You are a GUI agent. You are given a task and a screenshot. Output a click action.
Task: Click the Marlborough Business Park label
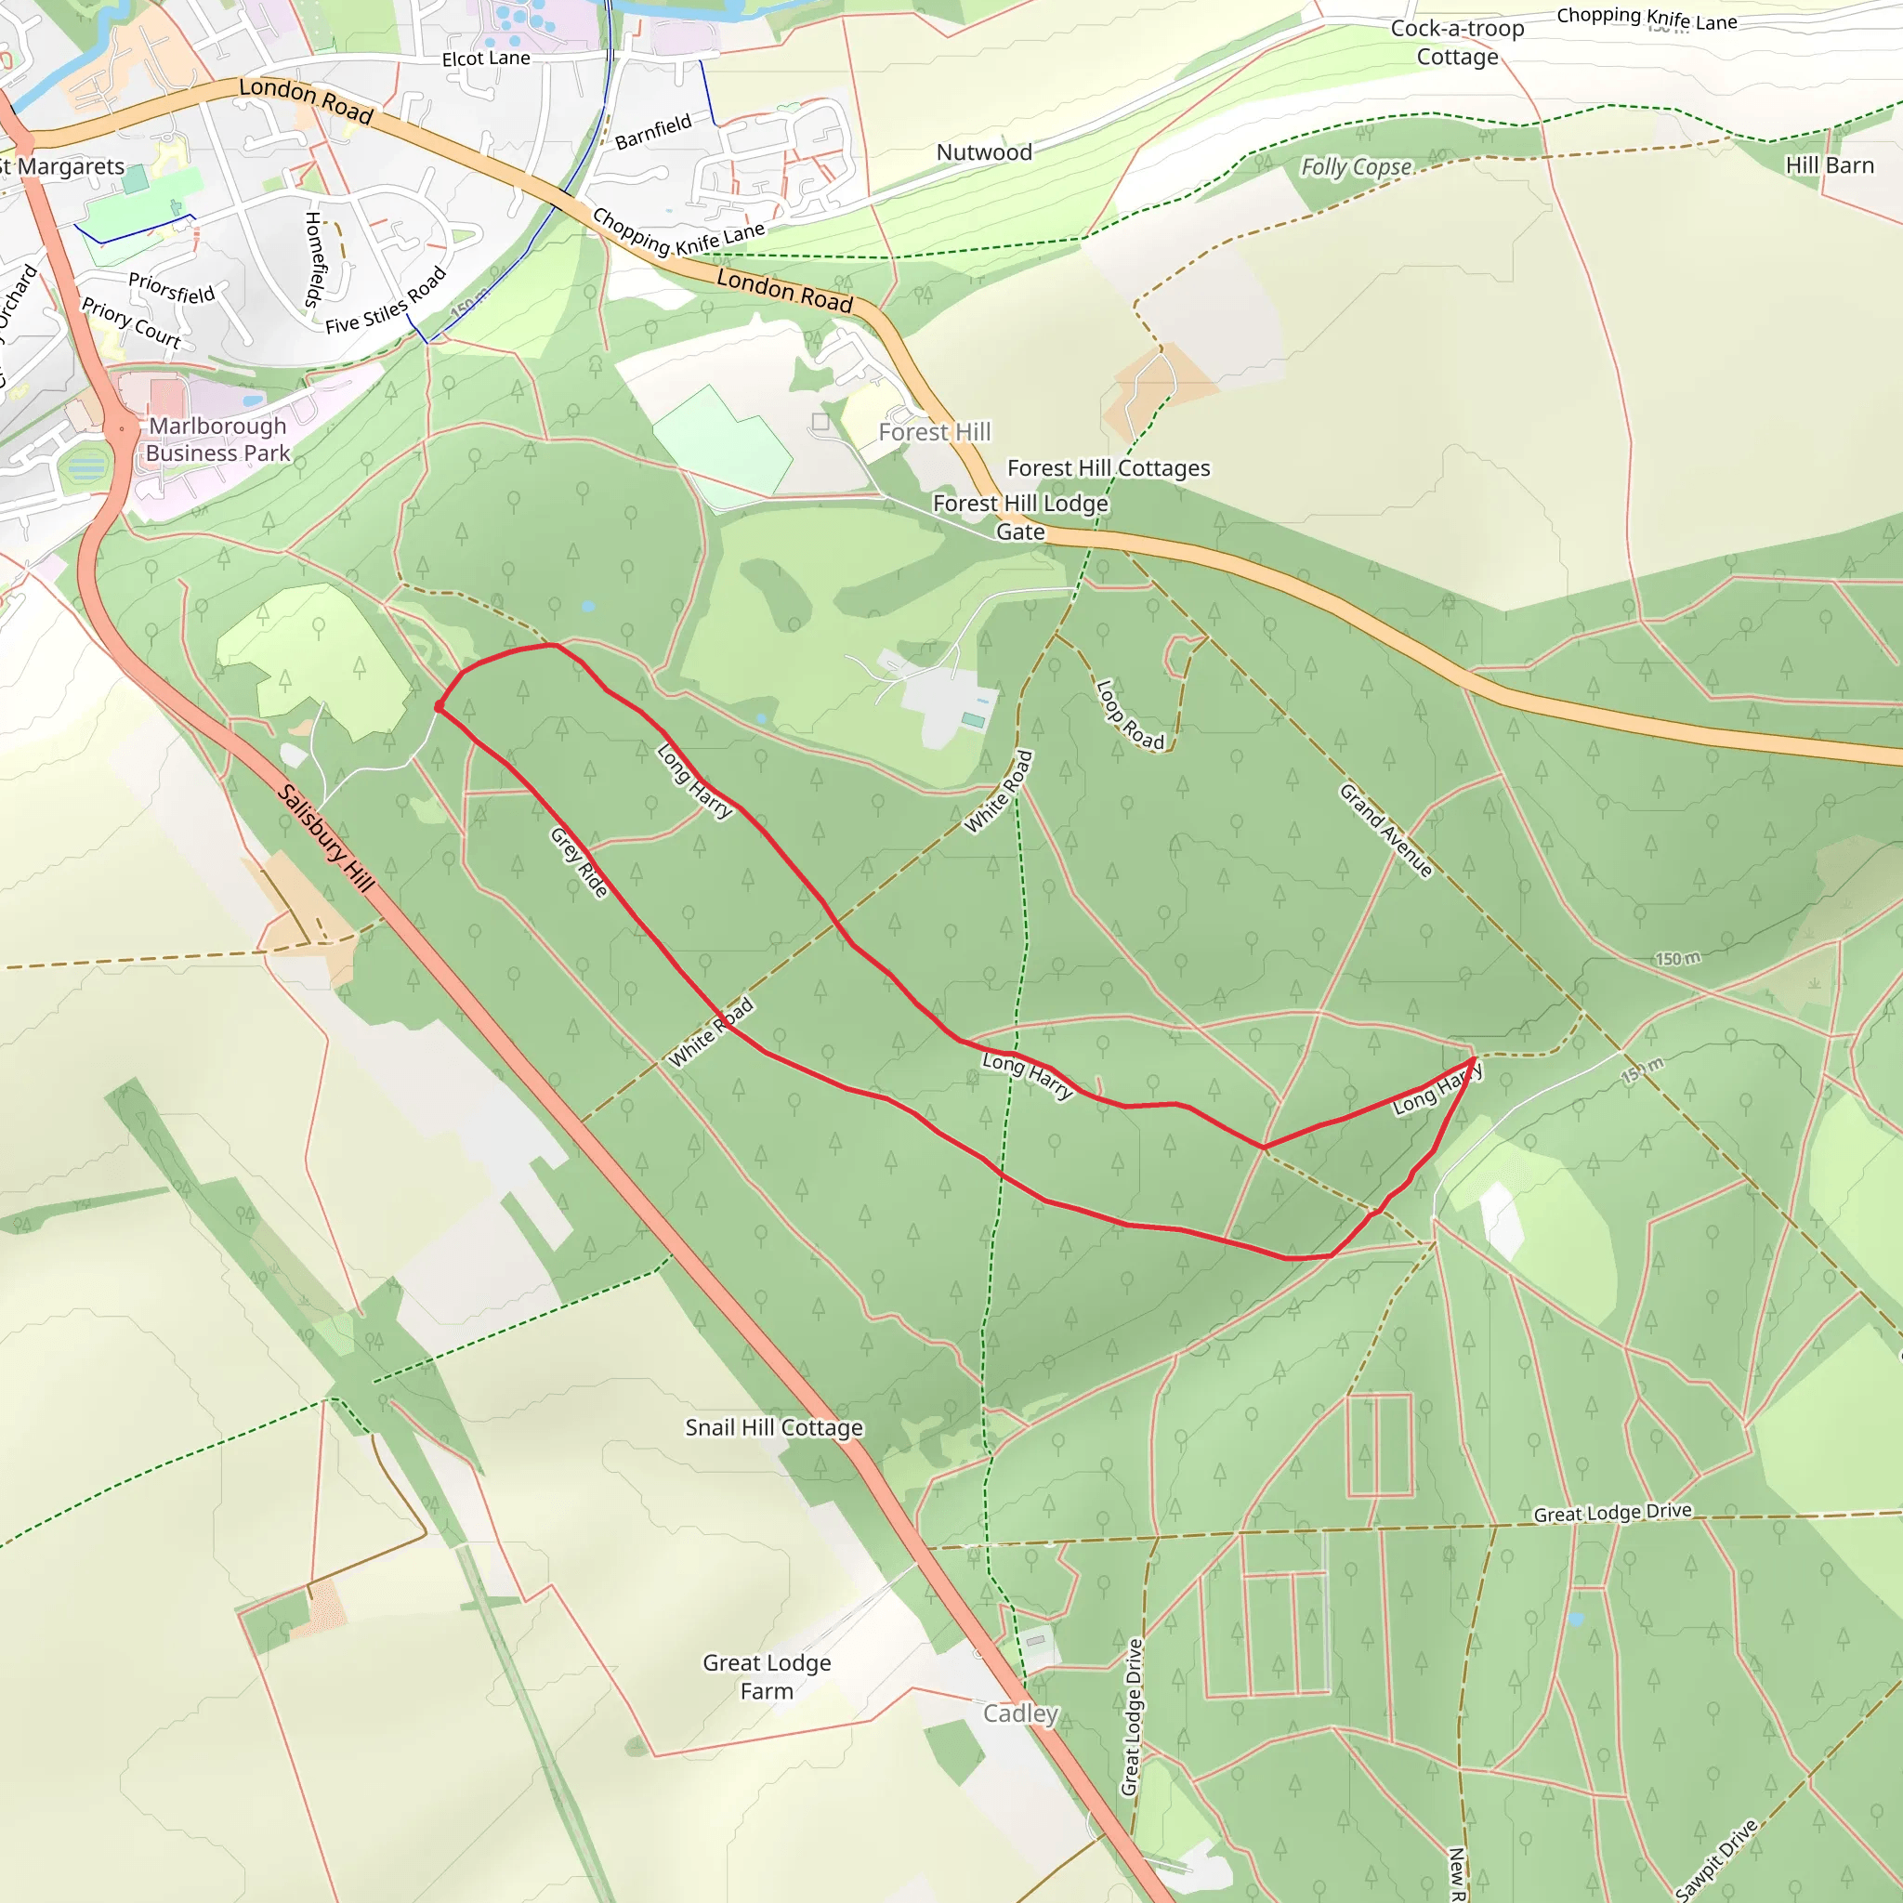tap(217, 440)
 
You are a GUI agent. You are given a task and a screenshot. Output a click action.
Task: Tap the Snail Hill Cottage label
tap(774, 1427)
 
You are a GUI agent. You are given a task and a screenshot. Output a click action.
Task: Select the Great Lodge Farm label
tap(767, 1676)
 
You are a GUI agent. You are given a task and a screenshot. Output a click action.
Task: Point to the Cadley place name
tap(1020, 1713)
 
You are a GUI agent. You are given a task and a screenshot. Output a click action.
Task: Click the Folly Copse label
tap(1357, 166)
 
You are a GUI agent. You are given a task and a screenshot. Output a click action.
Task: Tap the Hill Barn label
tap(1829, 165)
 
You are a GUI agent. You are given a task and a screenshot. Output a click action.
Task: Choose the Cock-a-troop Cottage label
tap(1457, 43)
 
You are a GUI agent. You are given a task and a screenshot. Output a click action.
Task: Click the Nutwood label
tap(984, 152)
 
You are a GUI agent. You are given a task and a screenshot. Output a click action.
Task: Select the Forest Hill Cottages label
tap(1109, 468)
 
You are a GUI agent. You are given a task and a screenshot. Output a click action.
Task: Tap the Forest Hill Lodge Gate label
tap(1020, 518)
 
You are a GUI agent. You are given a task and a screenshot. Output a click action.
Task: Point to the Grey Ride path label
tap(579, 863)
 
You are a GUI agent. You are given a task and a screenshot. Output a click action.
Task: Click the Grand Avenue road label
tap(1385, 831)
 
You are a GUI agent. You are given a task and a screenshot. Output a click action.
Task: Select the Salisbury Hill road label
tap(326, 838)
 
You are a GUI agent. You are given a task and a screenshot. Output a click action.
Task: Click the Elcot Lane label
tap(486, 59)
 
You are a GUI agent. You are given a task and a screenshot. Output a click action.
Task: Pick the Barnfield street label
tap(653, 132)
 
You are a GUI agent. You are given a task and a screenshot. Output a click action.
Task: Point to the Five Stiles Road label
tap(387, 301)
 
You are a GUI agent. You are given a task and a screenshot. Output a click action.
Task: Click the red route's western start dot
tap(440, 706)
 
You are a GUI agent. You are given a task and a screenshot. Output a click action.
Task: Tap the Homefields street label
tap(314, 260)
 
